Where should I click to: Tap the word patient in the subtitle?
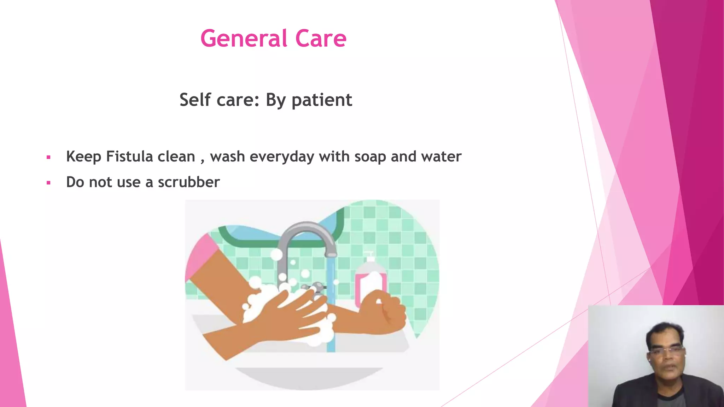[x=322, y=100]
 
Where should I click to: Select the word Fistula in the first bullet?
[x=129, y=157]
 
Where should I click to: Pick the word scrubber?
[x=189, y=182]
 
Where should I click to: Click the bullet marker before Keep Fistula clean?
[x=48, y=157]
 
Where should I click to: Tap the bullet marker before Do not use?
[x=48, y=183]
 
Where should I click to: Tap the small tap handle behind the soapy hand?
[x=315, y=287]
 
